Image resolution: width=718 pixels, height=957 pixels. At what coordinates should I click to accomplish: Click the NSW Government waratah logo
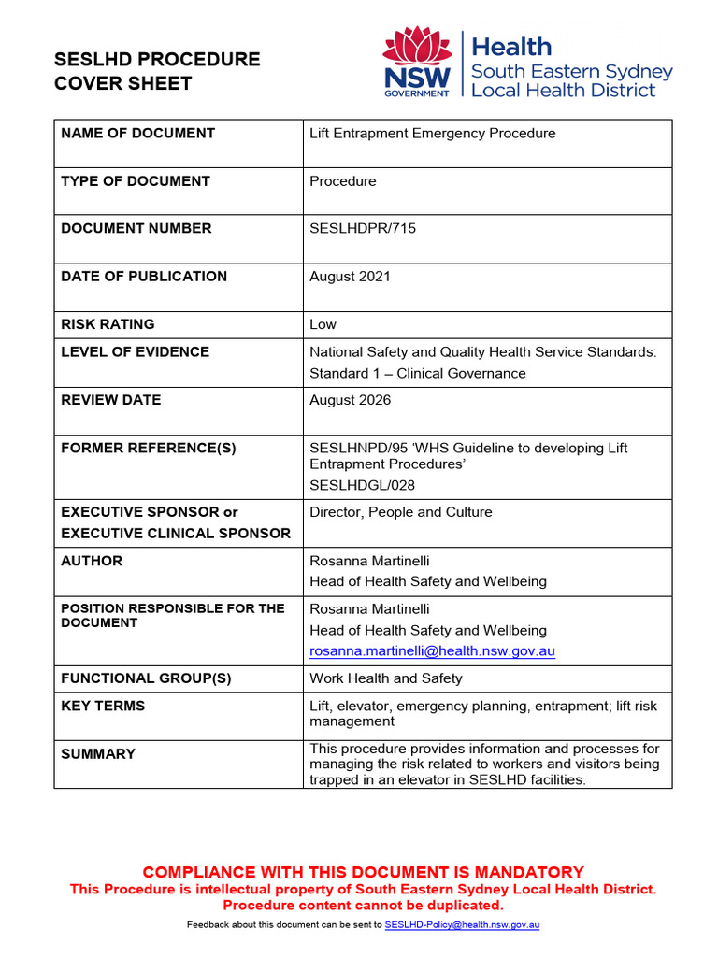tap(417, 61)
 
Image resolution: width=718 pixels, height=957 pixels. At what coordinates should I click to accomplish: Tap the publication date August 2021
tap(350, 277)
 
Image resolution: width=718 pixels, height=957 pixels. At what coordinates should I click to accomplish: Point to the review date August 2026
tap(350, 400)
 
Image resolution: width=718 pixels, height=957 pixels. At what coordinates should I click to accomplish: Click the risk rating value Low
tap(323, 324)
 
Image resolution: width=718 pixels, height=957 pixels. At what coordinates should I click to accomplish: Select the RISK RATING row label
tap(108, 324)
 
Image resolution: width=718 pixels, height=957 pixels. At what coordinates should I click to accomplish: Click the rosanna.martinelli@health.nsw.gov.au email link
tap(432, 651)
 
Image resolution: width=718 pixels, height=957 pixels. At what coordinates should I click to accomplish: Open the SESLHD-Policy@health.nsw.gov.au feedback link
tap(462, 924)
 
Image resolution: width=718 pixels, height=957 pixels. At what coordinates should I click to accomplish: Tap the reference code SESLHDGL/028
tap(362, 485)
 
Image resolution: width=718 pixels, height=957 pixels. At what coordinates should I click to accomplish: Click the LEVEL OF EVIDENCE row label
tap(135, 351)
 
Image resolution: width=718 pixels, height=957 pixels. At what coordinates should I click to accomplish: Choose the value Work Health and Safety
tap(385, 678)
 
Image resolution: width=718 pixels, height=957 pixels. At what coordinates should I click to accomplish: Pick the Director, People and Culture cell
tap(400, 512)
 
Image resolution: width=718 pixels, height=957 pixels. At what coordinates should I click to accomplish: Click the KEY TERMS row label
tap(103, 706)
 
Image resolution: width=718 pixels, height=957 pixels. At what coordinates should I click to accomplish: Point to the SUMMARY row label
tap(98, 753)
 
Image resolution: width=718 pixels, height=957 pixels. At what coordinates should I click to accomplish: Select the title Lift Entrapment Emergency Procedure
tap(432, 134)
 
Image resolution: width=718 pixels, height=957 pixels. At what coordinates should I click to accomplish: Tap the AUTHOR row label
tap(92, 561)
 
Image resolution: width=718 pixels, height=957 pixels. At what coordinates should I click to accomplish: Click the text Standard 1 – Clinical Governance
tap(417, 373)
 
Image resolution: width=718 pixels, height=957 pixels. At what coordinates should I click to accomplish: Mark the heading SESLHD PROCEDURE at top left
tap(157, 60)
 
